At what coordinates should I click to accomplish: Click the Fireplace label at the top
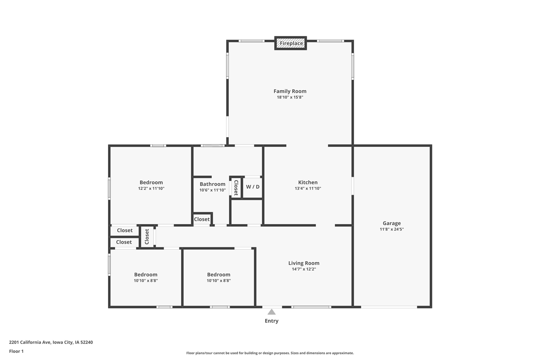pos(291,43)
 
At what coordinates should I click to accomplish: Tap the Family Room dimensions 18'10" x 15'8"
pos(290,97)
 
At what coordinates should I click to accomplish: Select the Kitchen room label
pos(308,182)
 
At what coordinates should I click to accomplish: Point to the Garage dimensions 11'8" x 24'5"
pos(391,229)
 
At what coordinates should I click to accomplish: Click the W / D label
pos(253,187)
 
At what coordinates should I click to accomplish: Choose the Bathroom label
pos(212,184)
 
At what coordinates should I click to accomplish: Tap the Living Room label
pos(304,263)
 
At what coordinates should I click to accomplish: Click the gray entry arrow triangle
pos(272,312)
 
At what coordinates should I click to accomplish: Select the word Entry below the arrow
pos(272,321)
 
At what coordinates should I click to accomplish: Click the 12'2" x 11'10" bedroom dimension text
pos(151,189)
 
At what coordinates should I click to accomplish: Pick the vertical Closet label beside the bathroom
pos(236,188)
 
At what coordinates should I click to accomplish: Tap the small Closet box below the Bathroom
pos(202,219)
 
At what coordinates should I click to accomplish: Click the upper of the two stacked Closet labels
pos(124,230)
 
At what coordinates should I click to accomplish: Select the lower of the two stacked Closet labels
pos(124,242)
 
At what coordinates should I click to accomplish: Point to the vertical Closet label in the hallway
pos(147,236)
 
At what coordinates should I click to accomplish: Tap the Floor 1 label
pos(16,351)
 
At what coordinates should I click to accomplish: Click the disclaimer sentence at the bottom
pos(270,353)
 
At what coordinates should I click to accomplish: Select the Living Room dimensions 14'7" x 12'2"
pos(304,269)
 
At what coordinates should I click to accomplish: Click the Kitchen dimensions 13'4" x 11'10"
pos(308,189)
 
